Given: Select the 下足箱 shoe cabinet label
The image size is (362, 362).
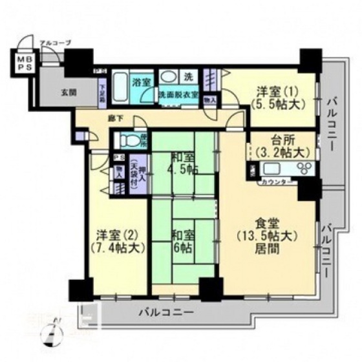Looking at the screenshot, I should [102, 90].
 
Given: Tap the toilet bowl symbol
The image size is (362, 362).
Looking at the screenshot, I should [128, 140].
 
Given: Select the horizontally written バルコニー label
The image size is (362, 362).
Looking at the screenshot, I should [165, 312].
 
